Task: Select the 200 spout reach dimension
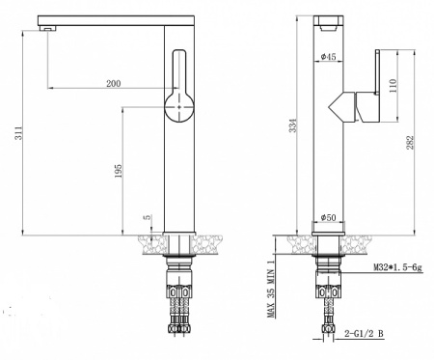coord(115,84)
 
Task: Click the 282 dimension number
coord(411,142)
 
